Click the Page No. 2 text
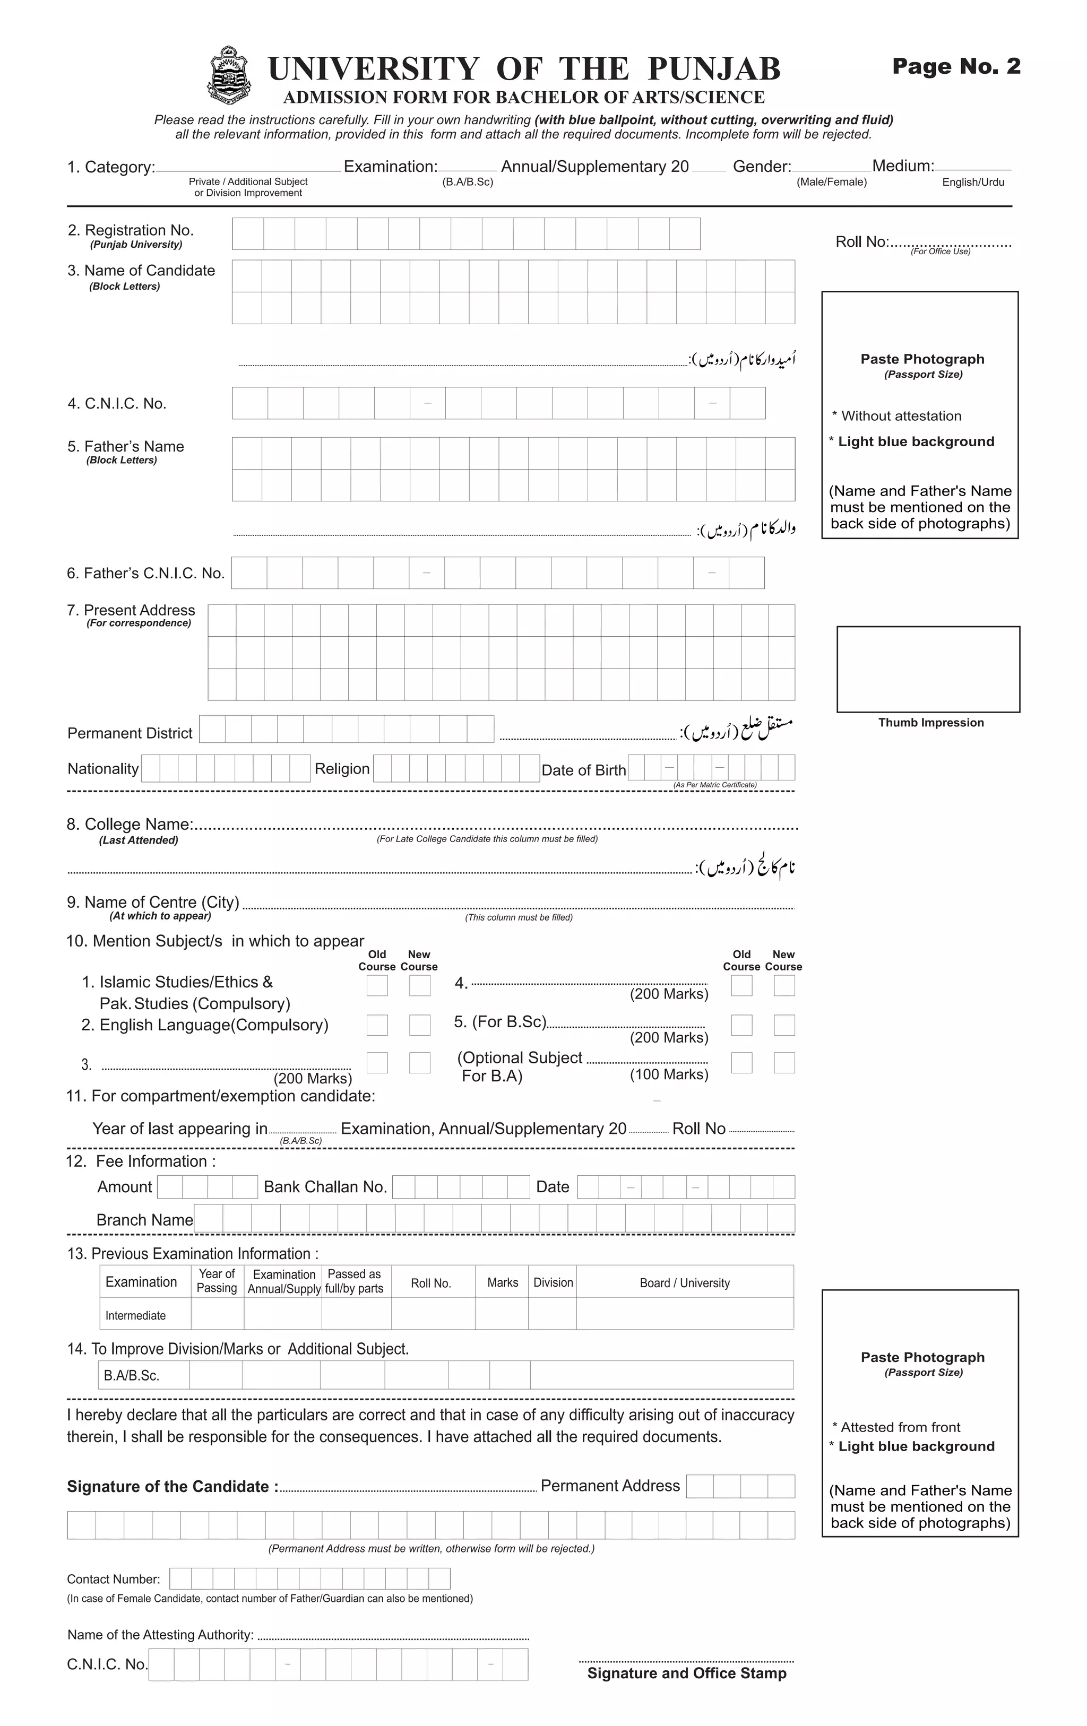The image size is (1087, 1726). click(x=956, y=67)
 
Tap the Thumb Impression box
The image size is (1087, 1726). click(x=928, y=669)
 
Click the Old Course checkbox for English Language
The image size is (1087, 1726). click(x=377, y=1025)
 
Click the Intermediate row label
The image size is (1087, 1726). click(x=135, y=1315)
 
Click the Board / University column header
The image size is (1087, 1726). click(x=684, y=1283)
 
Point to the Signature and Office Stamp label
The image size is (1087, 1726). click(x=686, y=1673)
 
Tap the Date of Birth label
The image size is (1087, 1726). click(x=583, y=770)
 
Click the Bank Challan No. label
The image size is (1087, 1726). click(x=325, y=1187)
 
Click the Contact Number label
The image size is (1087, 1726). click(x=113, y=1579)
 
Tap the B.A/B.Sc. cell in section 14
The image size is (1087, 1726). click(x=132, y=1375)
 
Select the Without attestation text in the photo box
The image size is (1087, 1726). click(x=901, y=416)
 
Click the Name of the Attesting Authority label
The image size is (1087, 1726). click(x=161, y=1635)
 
